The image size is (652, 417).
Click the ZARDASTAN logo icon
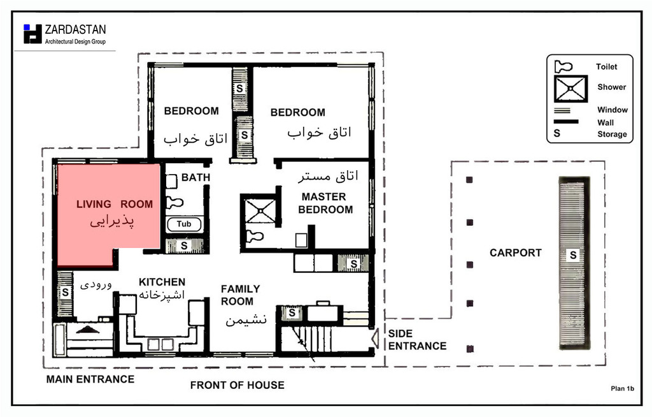[33, 34]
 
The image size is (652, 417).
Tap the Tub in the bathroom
[184, 224]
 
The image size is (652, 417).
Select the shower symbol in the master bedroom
[260, 212]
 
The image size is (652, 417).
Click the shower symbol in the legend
[570, 89]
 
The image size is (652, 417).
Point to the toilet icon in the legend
[563, 66]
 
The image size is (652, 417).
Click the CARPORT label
[516, 253]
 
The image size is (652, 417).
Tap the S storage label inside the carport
[573, 255]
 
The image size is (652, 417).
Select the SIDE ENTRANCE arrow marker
[375, 339]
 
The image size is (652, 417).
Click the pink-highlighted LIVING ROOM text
[115, 204]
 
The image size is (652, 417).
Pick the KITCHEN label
[162, 282]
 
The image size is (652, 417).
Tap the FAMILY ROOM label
[240, 295]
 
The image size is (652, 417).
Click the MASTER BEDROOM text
[325, 203]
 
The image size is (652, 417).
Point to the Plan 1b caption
[622, 389]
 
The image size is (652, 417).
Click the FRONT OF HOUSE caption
[237, 385]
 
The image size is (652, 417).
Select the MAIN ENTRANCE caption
[90, 379]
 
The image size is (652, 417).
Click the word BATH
[195, 177]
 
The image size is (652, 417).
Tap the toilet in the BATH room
[174, 203]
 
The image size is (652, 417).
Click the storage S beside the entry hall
[66, 293]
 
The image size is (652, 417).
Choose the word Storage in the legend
[612, 134]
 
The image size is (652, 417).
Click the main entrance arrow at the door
[88, 330]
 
